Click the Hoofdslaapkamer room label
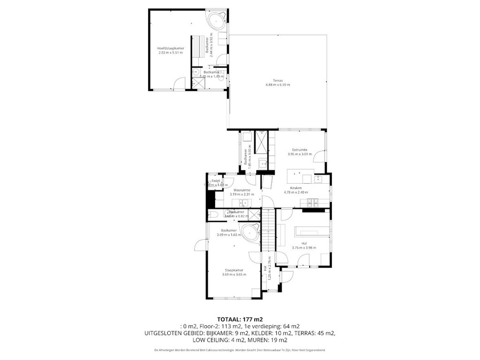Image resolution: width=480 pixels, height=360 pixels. coord(171,48)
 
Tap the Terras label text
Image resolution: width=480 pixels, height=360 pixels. coord(278,80)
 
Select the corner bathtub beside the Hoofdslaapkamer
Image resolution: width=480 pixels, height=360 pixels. coord(217,21)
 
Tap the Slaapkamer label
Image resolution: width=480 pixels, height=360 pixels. coord(234,270)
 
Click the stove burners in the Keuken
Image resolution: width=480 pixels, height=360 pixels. coord(313,202)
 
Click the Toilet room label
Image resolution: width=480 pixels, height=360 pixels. coord(216,180)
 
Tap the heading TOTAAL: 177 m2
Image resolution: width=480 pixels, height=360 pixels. coord(240,319)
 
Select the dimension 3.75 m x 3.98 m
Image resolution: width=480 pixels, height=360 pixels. coord(304,247)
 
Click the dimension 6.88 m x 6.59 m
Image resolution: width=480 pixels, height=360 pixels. coord(278,85)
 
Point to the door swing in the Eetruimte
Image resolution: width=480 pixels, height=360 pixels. coord(319,156)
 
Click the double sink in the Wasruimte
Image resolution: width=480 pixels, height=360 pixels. coord(244,202)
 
